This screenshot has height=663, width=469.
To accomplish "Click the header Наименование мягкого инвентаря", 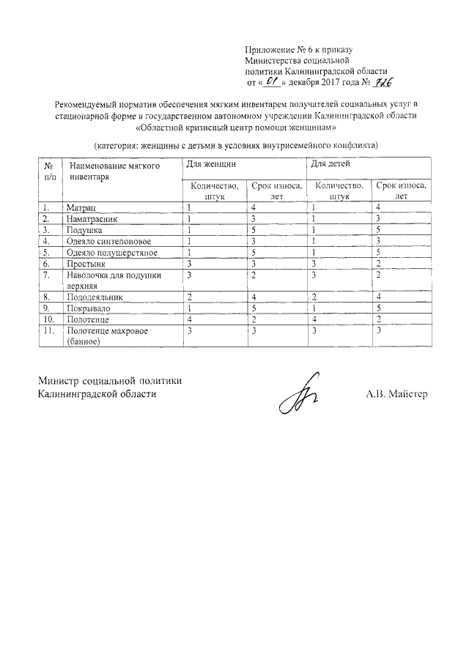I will [114, 172].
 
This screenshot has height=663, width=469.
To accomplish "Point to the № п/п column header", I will [48, 172].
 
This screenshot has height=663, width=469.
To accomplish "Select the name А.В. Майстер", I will [396, 394].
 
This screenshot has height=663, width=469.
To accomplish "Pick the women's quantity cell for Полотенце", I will [189, 319].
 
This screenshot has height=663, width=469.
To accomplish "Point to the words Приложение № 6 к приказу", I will [298, 50].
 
